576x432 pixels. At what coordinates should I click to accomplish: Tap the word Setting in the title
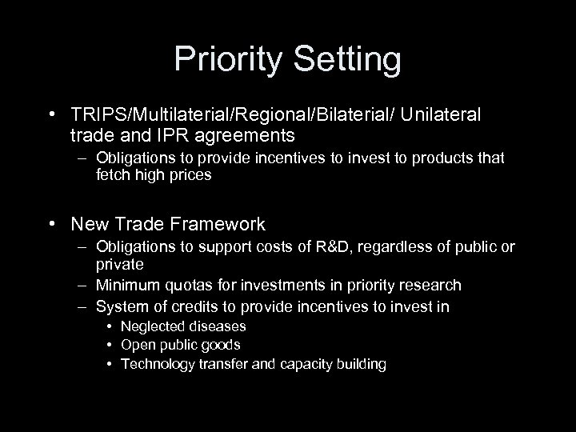pyautogui.click(x=346, y=60)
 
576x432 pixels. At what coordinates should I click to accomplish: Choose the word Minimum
pyautogui.click(x=126, y=286)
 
